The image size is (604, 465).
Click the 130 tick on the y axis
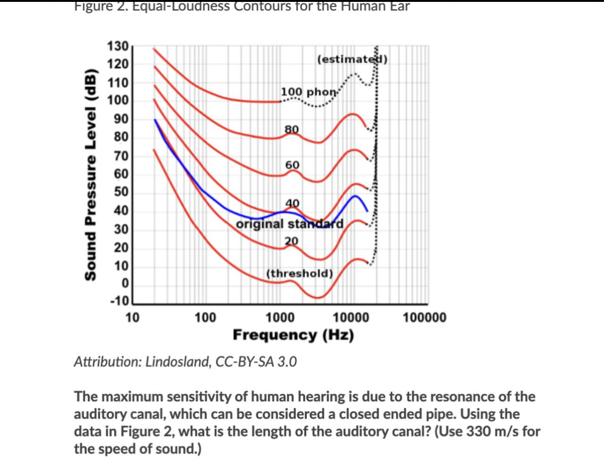(x=118, y=46)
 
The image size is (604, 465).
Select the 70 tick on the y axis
(x=121, y=156)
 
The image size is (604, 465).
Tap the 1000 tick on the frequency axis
(x=280, y=318)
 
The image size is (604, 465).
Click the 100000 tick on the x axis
(x=424, y=318)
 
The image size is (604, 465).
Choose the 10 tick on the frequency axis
(x=132, y=318)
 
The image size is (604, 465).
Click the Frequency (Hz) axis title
(x=294, y=335)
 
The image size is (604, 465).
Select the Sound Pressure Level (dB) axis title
(x=91, y=174)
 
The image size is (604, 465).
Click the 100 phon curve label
(x=309, y=92)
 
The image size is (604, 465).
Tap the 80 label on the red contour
(x=292, y=129)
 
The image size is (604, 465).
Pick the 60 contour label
(x=292, y=165)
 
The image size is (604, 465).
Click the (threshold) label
(x=300, y=273)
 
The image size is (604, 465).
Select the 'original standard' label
(x=289, y=224)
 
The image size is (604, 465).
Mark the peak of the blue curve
(x=355, y=196)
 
